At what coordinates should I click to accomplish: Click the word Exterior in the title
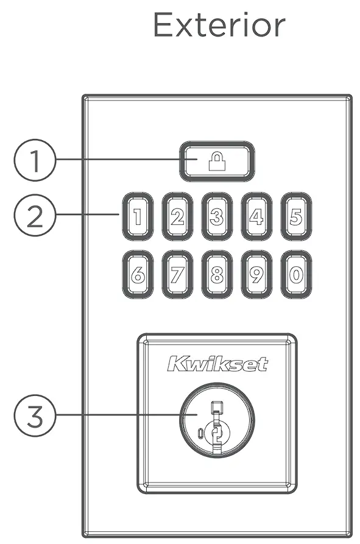pos(219,26)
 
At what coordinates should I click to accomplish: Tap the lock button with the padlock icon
pos(217,161)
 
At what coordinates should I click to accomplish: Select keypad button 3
pos(217,217)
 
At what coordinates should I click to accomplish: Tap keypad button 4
pos(256,217)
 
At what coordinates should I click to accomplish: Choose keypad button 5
pos(295,217)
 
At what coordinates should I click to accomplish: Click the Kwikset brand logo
pos(217,365)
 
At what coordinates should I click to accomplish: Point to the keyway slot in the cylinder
pos(216,426)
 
